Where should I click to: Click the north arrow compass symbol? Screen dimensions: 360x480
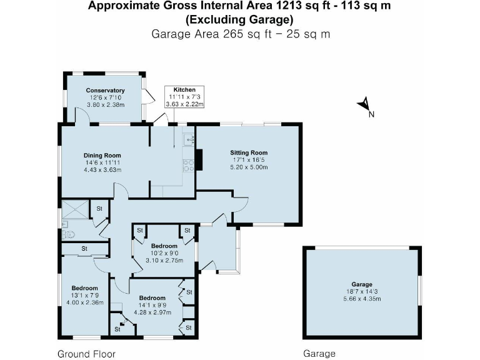click(x=365, y=106)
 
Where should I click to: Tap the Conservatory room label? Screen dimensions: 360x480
click(x=105, y=91)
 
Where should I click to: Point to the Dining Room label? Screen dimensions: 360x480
click(x=102, y=156)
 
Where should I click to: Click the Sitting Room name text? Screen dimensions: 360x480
click(x=249, y=152)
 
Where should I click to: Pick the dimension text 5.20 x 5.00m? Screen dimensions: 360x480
click(x=249, y=167)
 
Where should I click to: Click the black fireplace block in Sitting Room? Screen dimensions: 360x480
click(x=199, y=159)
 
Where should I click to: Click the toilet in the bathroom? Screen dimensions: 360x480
click(x=69, y=234)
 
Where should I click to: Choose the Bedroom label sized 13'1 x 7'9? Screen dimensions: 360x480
click(x=85, y=288)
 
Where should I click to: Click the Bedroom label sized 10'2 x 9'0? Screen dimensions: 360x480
click(x=164, y=246)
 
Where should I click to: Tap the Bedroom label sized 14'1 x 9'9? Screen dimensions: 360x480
click(x=152, y=297)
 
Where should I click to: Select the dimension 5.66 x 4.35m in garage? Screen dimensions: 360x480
click(x=361, y=299)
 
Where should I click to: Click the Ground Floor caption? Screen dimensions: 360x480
click(x=86, y=354)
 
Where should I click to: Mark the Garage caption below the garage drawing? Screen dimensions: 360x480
click(x=319, y=354)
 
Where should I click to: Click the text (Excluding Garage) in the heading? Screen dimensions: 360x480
click(x=240, y=19)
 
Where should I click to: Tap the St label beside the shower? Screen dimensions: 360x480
click(x=99, y=207)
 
